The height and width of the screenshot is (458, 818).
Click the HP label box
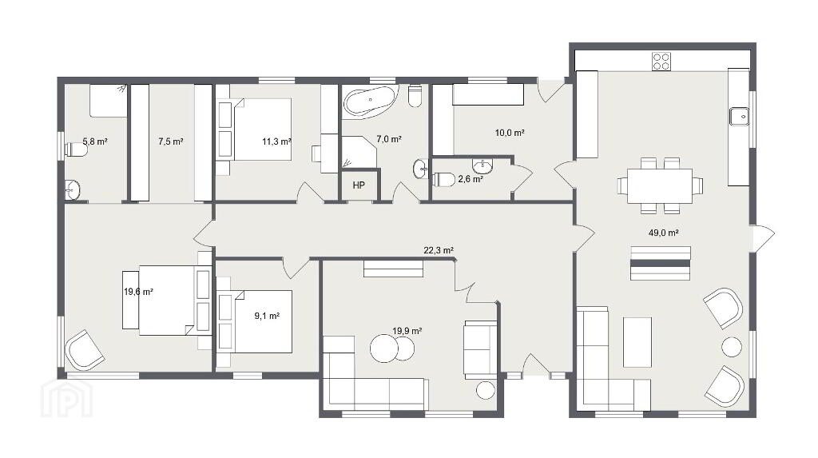click(359, 185)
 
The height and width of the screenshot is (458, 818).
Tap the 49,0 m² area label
click(663, 233)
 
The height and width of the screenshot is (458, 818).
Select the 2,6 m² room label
click(470, 178)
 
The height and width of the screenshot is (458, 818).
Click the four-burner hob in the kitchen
click(661, 61)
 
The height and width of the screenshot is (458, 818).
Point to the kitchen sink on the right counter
click(739, 116)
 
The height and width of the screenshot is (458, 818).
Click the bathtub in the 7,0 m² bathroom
click(371, 100)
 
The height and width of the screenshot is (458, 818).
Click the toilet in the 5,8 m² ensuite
click(76, 150)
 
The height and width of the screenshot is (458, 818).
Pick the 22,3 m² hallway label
click(439, 251)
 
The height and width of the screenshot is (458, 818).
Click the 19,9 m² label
click(407, 331)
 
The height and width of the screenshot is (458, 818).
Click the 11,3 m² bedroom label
click(276, 141)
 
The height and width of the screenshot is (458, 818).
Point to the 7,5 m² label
click(171, 141)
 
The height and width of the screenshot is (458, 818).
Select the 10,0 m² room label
click(510, 133)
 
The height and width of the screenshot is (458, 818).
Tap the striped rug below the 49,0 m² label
click(661, 263)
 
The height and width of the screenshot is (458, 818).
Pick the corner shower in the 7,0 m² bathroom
click(359, 153)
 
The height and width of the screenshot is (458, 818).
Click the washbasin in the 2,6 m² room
click(482, 166)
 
